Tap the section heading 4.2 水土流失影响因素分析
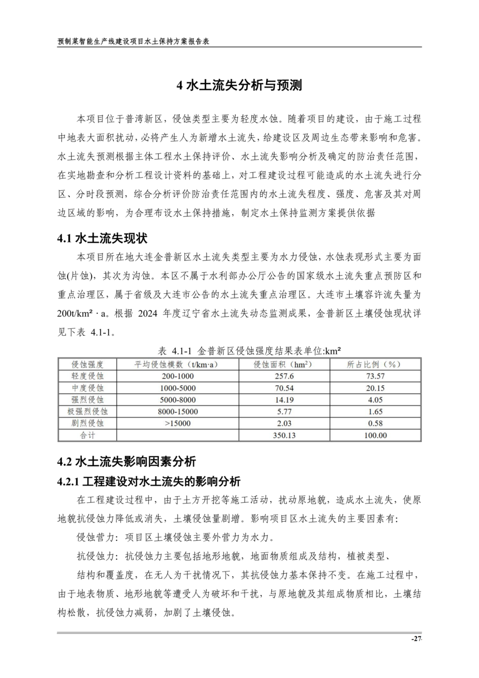point(126,461)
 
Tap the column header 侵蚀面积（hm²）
point(283,365)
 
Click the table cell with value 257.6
point(283,376)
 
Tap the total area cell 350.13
point(283,435)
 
